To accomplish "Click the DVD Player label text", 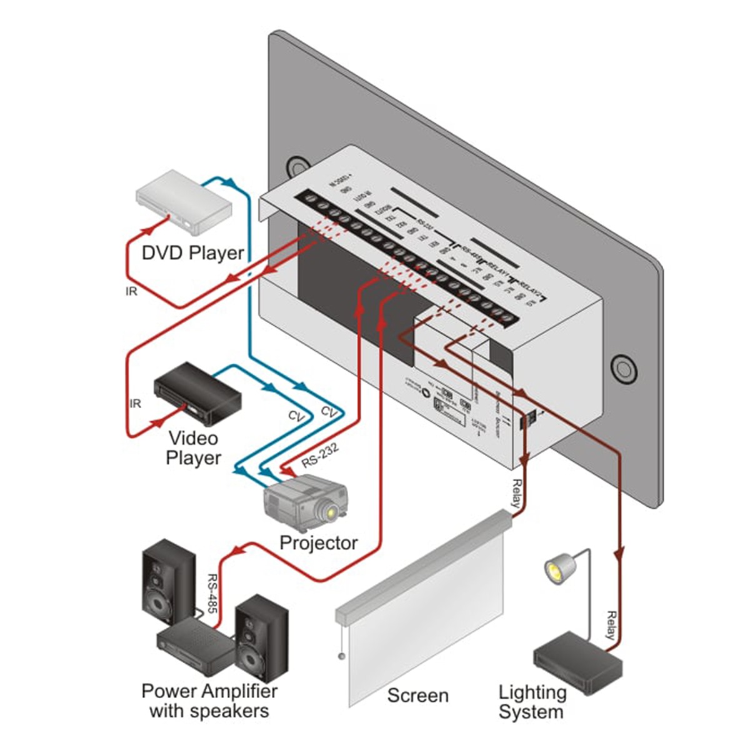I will (x=192, y=253).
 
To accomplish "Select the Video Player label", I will (x=193, y=448).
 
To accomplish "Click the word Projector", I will (x=318, y=542).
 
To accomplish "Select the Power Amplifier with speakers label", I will (x=209, y=701).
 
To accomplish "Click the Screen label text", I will (x=417, y=696).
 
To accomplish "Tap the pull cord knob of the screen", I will (x=341, y=657).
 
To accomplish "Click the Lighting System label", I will (x=531, y=702).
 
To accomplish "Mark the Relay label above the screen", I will (x=517, y=493).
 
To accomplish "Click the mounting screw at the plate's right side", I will (x=622, y=368).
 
